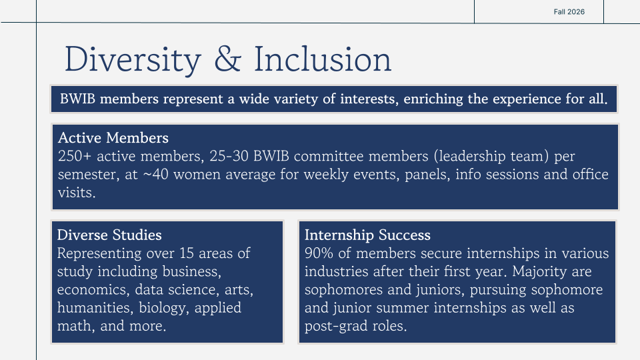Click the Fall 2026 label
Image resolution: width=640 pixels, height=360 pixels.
[x=569, y=12]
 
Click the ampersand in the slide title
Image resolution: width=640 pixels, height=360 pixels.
[x=228, y=59]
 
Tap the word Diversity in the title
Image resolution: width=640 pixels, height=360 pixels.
[x=133, y=60]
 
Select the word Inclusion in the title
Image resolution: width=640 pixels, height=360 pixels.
[x=323, y=59]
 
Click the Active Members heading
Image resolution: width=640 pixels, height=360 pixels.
[x=113, y=138]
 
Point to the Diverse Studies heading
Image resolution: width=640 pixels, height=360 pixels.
[x=109, y=235]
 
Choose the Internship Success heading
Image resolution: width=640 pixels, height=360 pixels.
[x=367, y=235]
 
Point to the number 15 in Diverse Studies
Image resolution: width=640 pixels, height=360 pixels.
[x=186, y=253]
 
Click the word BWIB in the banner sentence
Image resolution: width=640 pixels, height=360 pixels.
[x=77, y=99]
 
